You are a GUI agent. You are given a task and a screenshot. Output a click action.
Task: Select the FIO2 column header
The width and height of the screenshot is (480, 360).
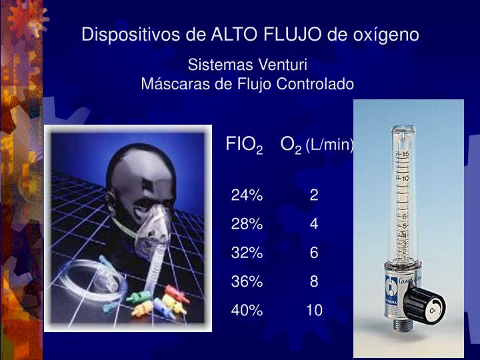click(x=244, y=144)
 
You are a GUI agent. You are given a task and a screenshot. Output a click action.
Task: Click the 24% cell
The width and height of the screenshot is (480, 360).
click(x=247, y=195)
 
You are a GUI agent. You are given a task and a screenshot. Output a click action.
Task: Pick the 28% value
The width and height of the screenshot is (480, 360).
click(x=247, y=224)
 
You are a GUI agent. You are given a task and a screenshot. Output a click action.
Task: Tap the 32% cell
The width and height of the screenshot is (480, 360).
click(x=247, y=253)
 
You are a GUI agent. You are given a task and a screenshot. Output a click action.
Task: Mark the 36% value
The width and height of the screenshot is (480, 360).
click(x=247, y=281)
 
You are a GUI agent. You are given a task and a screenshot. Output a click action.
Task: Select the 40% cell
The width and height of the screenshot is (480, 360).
click(x=247, y=310)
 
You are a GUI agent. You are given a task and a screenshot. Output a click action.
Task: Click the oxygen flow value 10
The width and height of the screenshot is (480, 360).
click(x=314, y=310)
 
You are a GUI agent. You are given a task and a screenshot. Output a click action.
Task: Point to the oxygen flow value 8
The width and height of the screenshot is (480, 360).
click(x=314, y=281)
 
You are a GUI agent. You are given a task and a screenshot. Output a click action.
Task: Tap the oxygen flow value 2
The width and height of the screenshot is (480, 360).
click(x=314, y=195)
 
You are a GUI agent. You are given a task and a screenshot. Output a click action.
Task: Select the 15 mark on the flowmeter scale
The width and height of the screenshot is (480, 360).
click(x=405, y=155)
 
